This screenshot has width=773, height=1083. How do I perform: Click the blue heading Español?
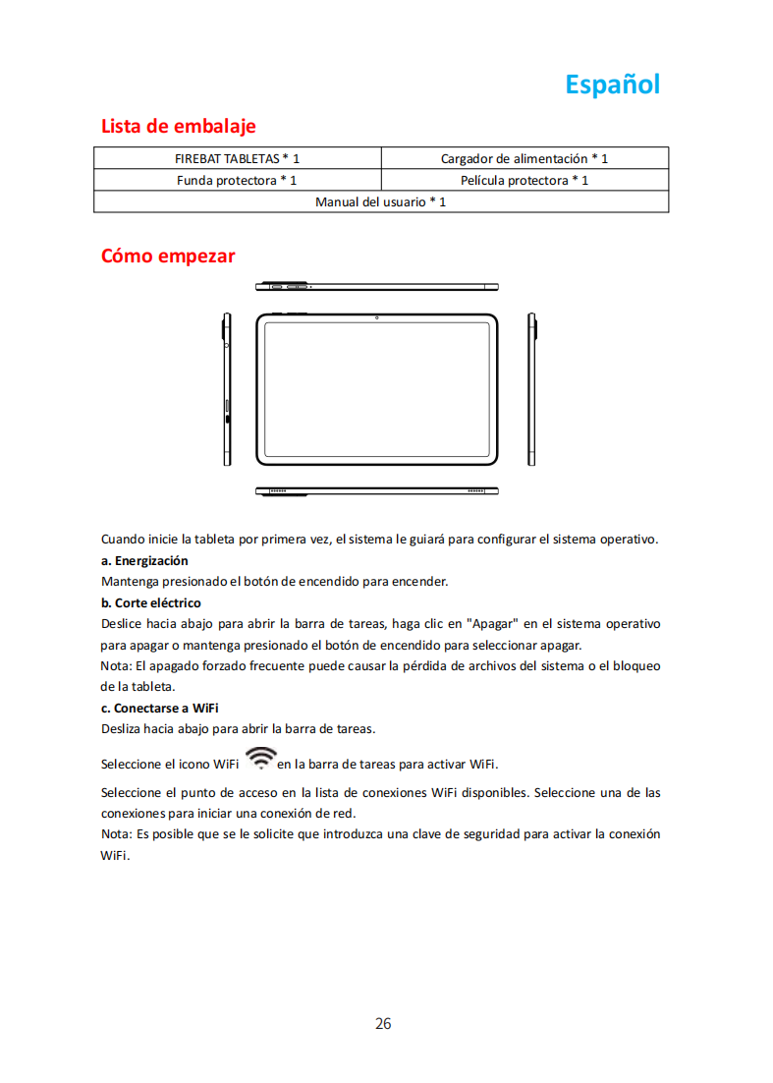[612, 85]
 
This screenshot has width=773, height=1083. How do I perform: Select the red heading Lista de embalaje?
[178, 127]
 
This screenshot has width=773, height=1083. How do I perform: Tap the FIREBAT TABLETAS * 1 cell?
[237, 158]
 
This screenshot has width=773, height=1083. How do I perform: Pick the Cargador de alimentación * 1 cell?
[524, 158]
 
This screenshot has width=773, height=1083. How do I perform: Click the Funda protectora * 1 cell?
[237, 180]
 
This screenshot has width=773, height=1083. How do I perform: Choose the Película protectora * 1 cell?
[524, 180]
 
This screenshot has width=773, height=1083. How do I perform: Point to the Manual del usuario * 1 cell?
[380, 201]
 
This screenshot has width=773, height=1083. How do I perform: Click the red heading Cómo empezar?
[168, 256]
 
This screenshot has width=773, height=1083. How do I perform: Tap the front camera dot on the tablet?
[377, 317]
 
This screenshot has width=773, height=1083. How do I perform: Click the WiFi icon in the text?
[261, 758]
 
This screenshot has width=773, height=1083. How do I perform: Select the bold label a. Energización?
[144, 560]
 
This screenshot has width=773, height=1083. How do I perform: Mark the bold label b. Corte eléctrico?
[150, 602]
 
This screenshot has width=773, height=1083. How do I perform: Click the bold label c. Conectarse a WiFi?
[159, 708]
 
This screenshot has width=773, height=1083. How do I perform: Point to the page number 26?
[383, 1024]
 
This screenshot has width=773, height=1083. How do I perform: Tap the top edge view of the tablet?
[377, 287]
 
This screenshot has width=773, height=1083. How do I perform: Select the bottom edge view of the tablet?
[377, 490]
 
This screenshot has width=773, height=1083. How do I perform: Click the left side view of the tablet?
[226, 389]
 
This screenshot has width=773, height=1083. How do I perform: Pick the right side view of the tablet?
[531, 389]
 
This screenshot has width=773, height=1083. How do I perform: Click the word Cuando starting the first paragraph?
[123, 540]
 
